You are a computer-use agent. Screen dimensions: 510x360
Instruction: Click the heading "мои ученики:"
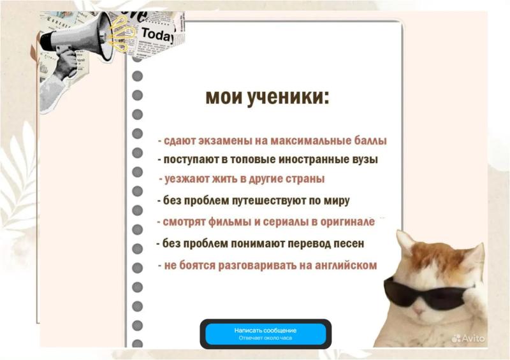pos(267,97)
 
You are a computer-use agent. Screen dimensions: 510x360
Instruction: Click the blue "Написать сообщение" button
pos(265,334)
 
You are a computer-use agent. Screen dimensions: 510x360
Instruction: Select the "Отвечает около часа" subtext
pos(265,338)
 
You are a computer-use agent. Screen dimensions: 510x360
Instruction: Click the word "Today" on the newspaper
pos(157,34)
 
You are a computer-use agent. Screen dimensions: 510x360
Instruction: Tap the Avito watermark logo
pos(468,338)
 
